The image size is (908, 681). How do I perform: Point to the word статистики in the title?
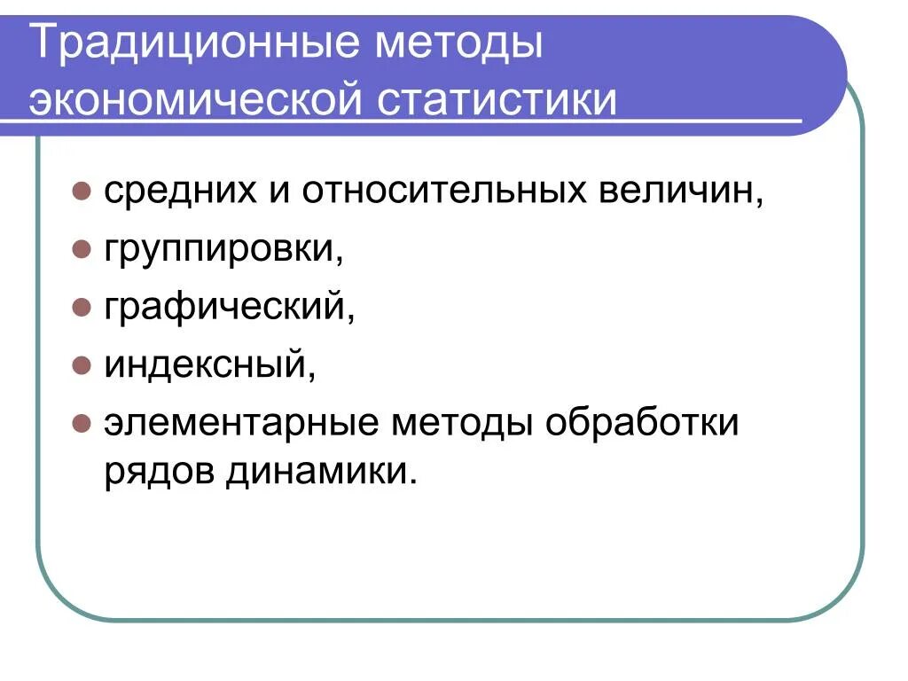click(497, 100)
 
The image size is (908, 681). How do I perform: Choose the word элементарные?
click(240, 423)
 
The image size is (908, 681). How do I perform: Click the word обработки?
click(641, 423)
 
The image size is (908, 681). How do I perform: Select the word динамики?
click(320, 471)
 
